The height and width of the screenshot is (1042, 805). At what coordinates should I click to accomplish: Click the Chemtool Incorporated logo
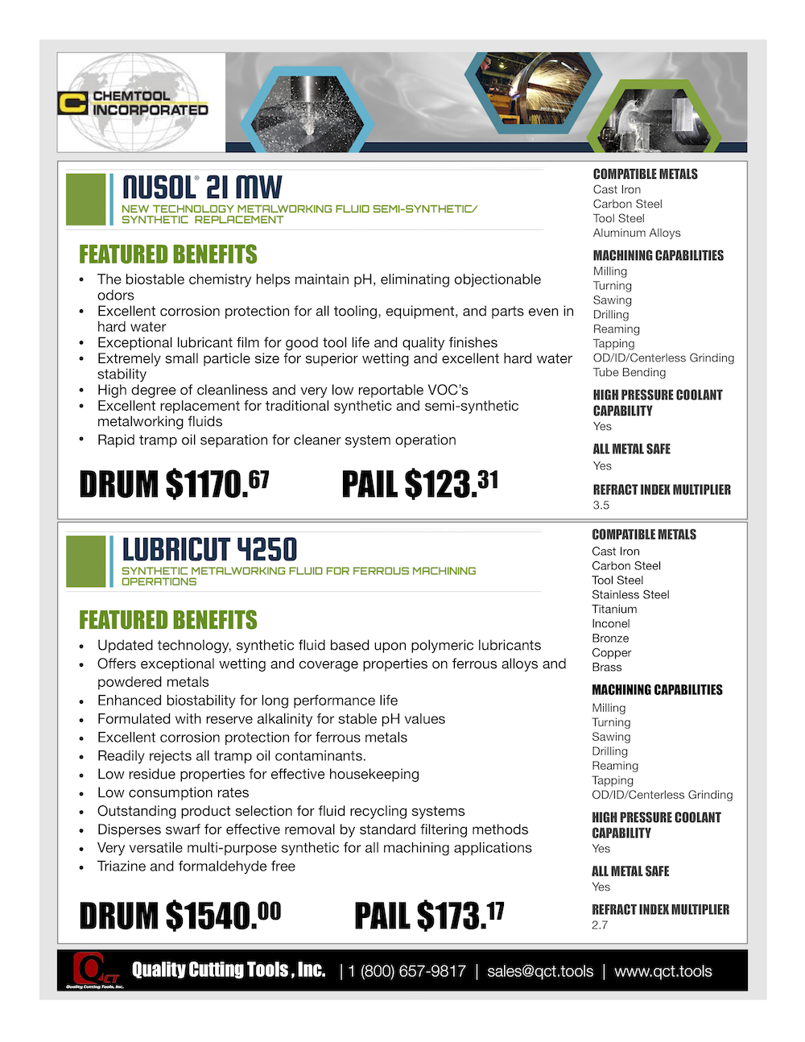(x=134, y=103)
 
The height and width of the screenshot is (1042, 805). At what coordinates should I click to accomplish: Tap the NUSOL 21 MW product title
(x=202, y=188)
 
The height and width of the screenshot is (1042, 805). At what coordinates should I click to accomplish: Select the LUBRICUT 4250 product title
(x=209, y=550)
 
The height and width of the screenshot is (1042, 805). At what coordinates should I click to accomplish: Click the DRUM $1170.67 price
(x=174, y=484)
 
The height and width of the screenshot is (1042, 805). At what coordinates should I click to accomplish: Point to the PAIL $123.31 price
(x=419, y=484)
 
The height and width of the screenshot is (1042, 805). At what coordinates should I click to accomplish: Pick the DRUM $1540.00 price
(x=180, y=916)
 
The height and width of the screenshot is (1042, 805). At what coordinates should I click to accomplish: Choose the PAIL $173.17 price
(x=429, y=916)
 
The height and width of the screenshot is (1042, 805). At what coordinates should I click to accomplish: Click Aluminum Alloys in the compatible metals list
(x=637, y=233)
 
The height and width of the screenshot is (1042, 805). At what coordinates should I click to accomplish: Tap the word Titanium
(x=614, y=609)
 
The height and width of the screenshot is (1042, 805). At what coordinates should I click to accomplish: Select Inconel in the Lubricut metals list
(x=611, y=623)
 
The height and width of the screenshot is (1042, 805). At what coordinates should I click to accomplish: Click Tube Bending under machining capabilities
(x=630, y=372)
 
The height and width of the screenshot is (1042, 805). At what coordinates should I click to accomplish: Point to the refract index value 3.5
(x=601, y=505)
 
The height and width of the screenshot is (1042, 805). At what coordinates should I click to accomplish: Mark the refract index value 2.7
(x=600, y=924)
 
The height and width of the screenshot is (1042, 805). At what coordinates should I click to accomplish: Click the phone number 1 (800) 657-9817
(x=407, y=971)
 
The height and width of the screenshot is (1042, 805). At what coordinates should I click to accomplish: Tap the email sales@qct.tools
(x=540, y=971)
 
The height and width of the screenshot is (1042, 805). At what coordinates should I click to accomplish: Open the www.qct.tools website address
(x=663, y=971)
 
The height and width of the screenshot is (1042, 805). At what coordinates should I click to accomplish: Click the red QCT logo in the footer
(x=93, y=970)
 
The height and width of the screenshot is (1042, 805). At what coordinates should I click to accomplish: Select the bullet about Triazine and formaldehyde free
(x=196, y=866)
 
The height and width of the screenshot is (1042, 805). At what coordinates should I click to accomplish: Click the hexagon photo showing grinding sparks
(x=534, y=90)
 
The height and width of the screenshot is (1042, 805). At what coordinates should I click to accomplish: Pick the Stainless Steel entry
(x=630, y=594)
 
